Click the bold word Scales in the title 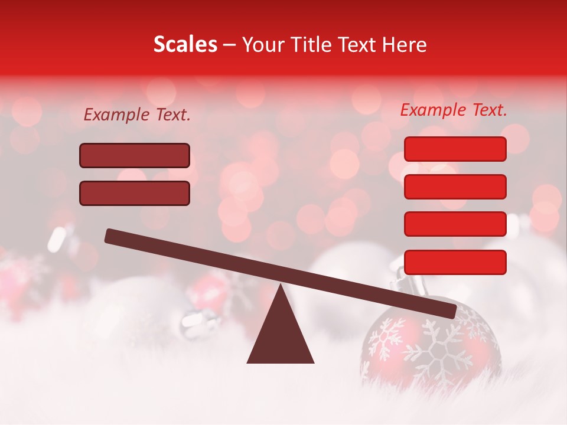point(185,45)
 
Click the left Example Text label point(137,115)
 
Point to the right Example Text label point(454,110)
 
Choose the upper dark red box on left point(135,156)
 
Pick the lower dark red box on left point(135,193)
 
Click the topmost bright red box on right point(455,149)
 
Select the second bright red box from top point(455,187)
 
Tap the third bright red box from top point(455,224)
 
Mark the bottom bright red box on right point(455,262)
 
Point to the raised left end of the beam point(112,236)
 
